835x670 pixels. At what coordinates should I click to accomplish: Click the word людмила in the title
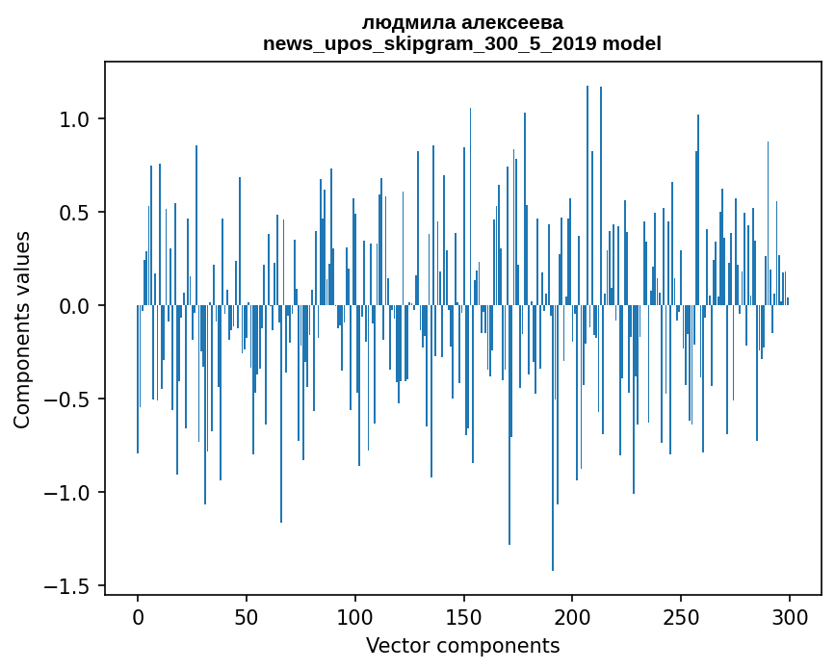(405, 22)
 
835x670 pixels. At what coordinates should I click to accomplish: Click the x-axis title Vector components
(462, 645)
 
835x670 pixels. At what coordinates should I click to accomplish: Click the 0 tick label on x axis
(138, 616)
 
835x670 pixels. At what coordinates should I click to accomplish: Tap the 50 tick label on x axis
(247, 616)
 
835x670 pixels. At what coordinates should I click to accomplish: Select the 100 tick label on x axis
(355, 616)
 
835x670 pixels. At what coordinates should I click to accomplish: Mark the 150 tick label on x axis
(464, 616)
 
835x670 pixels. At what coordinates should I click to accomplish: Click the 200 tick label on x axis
(572, 616)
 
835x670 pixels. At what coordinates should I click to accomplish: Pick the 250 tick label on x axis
(681, 616)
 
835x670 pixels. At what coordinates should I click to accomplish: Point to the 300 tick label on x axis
(790, 616)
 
